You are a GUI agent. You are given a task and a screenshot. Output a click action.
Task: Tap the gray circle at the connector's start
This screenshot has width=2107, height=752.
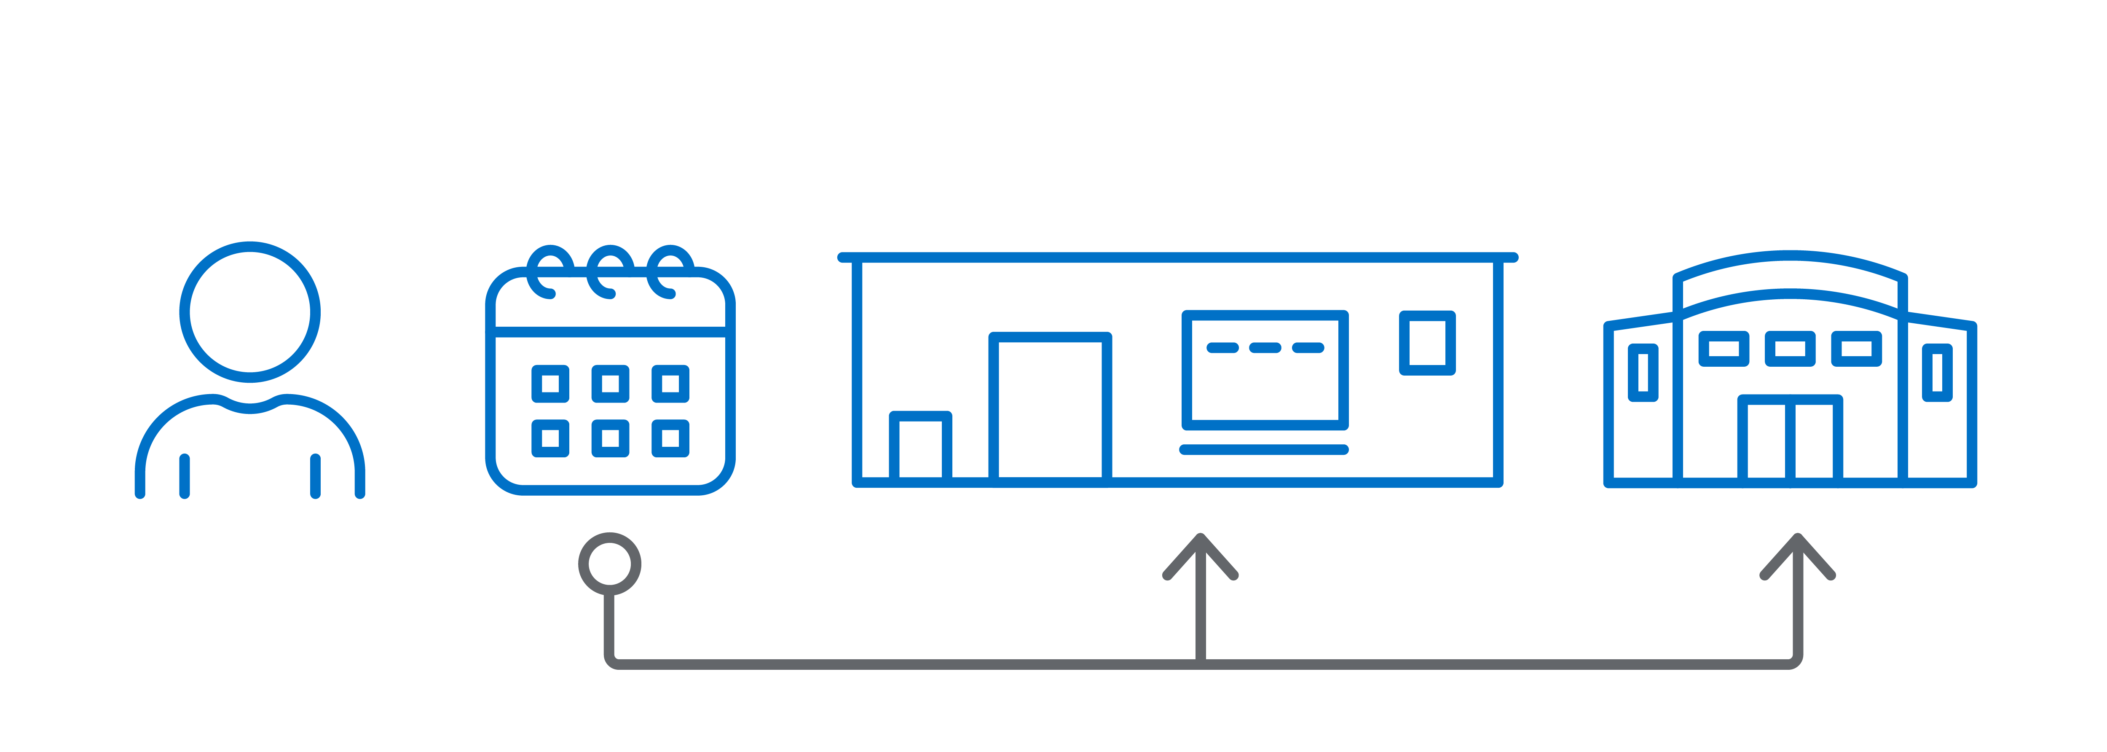[609, 564]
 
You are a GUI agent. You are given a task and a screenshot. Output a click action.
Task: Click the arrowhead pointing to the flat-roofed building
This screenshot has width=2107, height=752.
[1200, 556]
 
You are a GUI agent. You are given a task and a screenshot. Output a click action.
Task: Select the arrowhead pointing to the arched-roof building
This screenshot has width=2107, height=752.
[1797, 556]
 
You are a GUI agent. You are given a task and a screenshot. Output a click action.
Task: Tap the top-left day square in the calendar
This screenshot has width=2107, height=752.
[550, 384]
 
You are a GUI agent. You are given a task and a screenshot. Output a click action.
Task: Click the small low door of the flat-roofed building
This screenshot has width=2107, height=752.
[920, 446]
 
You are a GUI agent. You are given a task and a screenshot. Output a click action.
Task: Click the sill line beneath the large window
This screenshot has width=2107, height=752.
[1264, 449]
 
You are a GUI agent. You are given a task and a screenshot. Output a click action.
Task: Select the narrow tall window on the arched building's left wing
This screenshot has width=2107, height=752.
[1643, 372]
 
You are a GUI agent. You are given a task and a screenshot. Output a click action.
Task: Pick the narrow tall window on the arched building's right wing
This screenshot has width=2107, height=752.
[1937, 372]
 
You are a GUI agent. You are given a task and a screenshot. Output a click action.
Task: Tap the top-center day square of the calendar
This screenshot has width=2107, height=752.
[610, 384]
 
